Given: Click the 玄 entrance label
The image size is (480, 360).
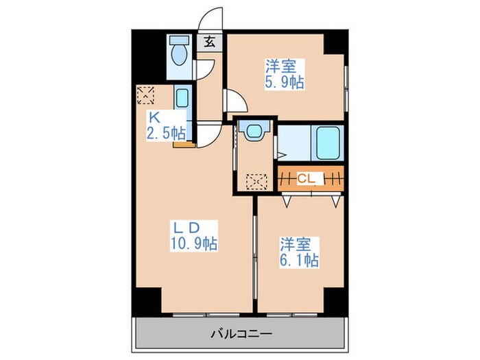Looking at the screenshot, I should pyautogui.click(x=210, y=41).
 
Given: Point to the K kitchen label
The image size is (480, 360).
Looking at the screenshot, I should pyautogui.click(x=154, y=117).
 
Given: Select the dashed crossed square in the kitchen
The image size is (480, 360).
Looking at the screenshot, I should pyautogui.click(x=146, y=95).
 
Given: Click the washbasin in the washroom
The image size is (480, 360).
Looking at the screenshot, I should pyautogui.click(x=255, y=130).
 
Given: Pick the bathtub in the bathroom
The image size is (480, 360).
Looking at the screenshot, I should pyautogui.click(x=327, y=143).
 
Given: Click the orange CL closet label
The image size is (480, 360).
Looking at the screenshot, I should pyautogui.click(x=307, y=180).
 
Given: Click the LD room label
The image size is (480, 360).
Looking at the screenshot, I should pyautogui.click(x=185, y=227).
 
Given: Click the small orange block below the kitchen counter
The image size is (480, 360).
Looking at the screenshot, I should pyautogui.click(x=181, y=144).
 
